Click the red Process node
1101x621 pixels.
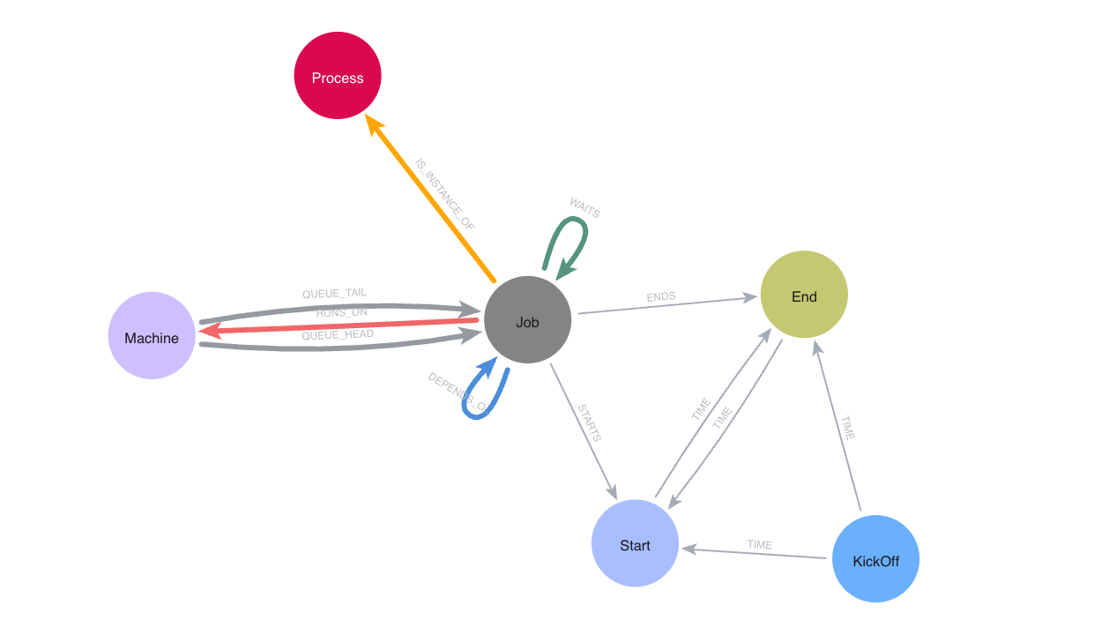coord(338,76)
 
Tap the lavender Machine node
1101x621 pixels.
coord(152,336)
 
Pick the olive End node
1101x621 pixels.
coord(804,295)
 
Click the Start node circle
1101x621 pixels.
coord(635,543)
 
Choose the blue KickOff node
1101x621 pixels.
coord(875,559)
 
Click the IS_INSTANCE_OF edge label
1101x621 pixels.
coord(445,194)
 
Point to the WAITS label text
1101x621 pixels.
coord(584,207)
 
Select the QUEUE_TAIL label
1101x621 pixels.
coord(334,293)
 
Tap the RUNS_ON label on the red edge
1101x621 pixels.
coord(341,312)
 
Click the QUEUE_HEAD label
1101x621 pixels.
coord(338,335)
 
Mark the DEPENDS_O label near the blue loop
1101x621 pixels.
coord(457,393)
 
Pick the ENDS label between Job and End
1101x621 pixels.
coord(661,297)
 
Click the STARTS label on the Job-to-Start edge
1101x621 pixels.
coord(589,423)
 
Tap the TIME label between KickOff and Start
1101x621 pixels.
coord(760,545)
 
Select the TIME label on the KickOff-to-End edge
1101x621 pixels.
coord(847,428)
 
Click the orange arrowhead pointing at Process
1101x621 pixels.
coord(376,124)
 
